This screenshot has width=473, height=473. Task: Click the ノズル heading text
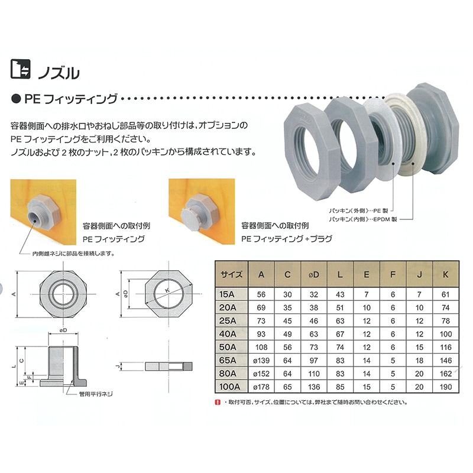coord(58,73)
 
